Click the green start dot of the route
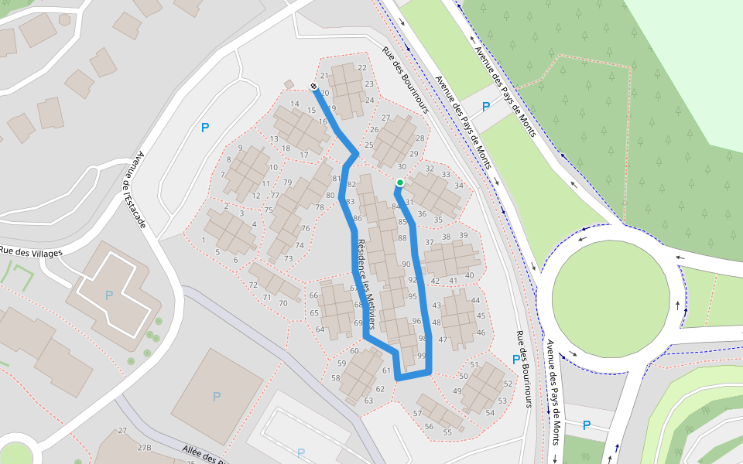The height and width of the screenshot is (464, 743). coord(400,183)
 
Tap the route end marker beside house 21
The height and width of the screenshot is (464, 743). coord(313,86)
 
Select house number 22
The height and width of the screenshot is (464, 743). coord(362,67)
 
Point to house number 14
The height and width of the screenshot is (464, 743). coord(294,104)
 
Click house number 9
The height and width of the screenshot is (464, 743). coord(241,148)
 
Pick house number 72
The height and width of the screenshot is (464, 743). coord(253,285)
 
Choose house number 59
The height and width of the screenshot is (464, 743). coord(341,363)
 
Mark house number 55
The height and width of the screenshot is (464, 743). coord(447,432)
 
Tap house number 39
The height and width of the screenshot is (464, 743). coord(464,235)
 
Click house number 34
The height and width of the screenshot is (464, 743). coord(459,186)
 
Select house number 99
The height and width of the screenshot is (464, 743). coord(422,355)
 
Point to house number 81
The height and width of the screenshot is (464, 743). coord(336,179)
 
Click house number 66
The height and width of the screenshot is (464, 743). coord(313,295)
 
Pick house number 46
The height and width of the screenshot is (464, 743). coord(481,333)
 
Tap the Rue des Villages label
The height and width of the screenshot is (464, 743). coord(31,251)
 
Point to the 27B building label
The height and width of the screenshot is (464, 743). coord(144,448)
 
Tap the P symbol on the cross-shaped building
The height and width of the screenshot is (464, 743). coord(108,295)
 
